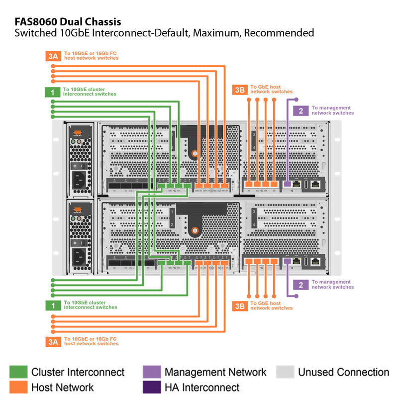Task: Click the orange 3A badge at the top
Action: pyautogui.click(x=53, y=56)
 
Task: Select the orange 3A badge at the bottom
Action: pyautogui.click(x=53, y=341)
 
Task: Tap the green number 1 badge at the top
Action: pyautogui.click(x=53, y=92)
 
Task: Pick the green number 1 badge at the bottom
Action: pyautogui.click(x=53, y=305)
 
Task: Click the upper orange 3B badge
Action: pyautogui.click(x=240, y=90)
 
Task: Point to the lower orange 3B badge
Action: pyautogui.click(x=240, y=305)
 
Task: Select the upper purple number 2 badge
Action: pyautogui.click(x=300, y=110)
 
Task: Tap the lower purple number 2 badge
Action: pyautogui.click(x=300, y=285)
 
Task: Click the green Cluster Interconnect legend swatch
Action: pyautogui.click(x=18, y=372)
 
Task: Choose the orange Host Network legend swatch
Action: pyautogui.click(x=18, y=387)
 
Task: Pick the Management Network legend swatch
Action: pyautogui.click(x=151, y=372)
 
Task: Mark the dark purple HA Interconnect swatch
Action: pyautogui.click(x=151, y=387)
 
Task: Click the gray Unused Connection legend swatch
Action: pyautogui.click(x=285, y=372)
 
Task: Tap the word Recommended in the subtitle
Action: pyautogui.click(x=279, y=33)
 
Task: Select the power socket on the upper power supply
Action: pyautogui.click(x=79, y=181)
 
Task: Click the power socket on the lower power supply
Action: pyautogui.click(x=79, y=257)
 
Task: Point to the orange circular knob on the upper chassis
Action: pyautogui.click(x=195, y=154)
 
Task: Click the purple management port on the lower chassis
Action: pyautogui.click(x=287, y=261)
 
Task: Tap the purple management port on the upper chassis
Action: pyautogui.click(x=287, y=184)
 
